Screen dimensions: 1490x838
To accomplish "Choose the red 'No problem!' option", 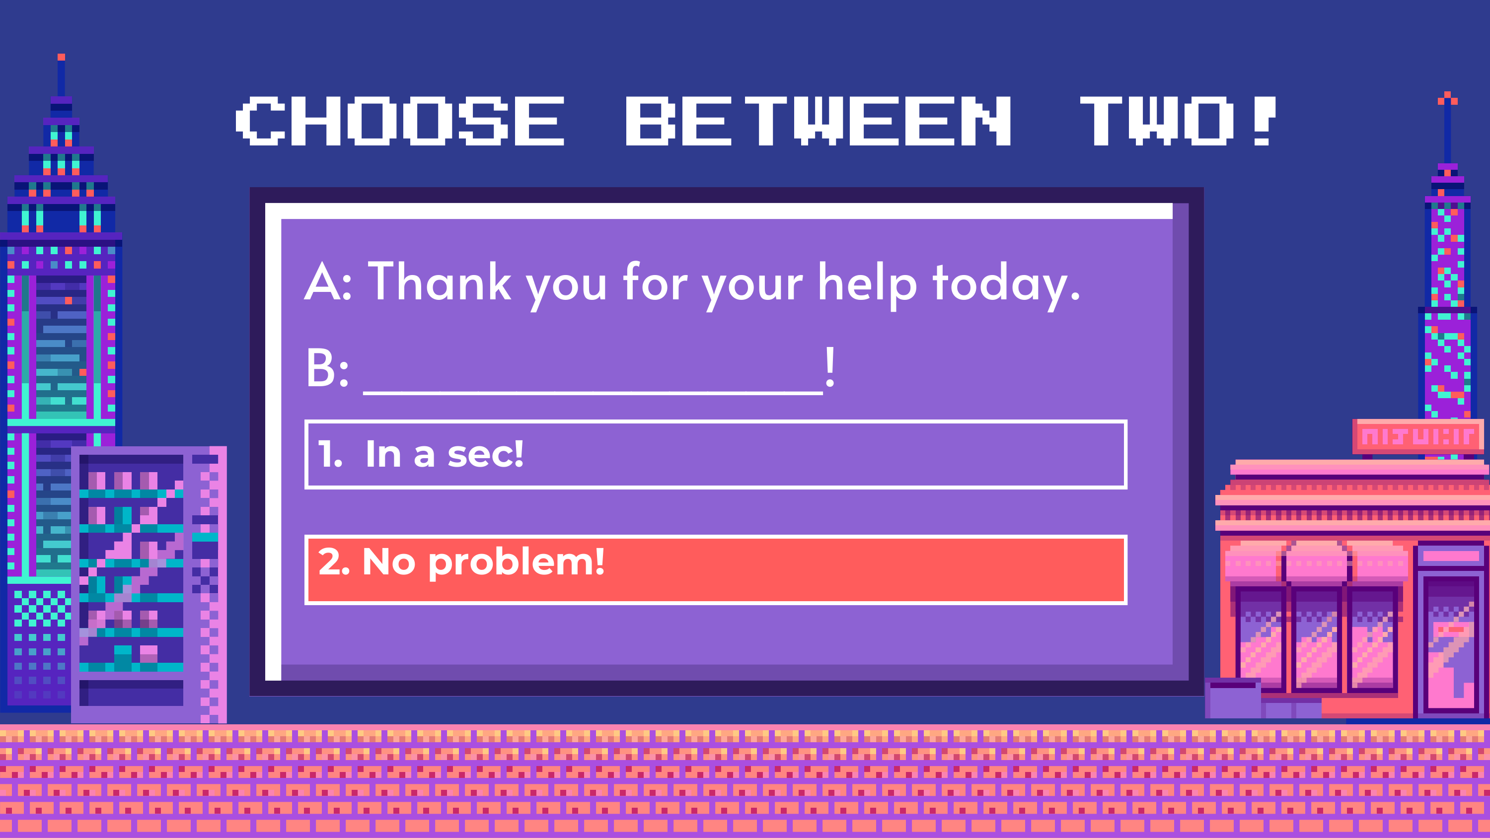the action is coord(716,569).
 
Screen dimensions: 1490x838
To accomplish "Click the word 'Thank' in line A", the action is coord(440,281).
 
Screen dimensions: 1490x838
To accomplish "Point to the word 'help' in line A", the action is coord(868,285).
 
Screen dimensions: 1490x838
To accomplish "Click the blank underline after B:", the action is coord(593,393).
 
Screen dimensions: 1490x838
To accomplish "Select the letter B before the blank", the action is coord(320,368).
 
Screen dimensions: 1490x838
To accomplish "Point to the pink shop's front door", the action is coord(1451,642).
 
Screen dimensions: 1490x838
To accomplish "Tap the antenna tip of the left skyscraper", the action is coord(61,57).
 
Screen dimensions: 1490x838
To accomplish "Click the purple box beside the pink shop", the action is coord(1233,698).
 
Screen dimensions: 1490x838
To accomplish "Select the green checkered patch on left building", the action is coord(42,607).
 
